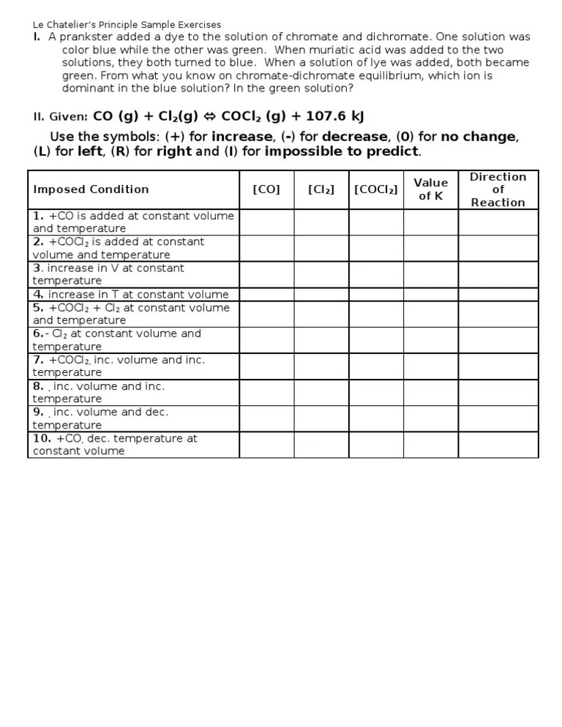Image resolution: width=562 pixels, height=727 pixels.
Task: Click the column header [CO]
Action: coord(266,189)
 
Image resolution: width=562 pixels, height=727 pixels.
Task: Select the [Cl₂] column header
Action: coord(321,189)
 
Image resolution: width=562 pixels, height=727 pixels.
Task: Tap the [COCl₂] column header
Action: coord(375,189)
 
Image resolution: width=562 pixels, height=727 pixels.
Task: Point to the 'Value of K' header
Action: coord(430,189)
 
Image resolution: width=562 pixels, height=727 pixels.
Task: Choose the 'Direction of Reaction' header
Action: coord(498,189)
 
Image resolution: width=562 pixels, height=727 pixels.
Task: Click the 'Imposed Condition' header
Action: coord(91,189)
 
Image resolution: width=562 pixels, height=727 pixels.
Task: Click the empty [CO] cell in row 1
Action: coord(266,222)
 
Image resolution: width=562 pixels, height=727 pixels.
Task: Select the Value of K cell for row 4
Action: coord(430,295)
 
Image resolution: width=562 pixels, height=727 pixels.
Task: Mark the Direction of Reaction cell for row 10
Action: coord(498,445)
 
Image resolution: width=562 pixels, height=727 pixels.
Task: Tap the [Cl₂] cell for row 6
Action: coord(321,340)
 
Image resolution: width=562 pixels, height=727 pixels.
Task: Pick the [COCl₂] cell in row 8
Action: coord(375,393)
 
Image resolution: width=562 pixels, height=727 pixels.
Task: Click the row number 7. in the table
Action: coord(38,360)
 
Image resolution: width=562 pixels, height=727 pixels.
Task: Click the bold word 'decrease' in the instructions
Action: coord(354,137)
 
